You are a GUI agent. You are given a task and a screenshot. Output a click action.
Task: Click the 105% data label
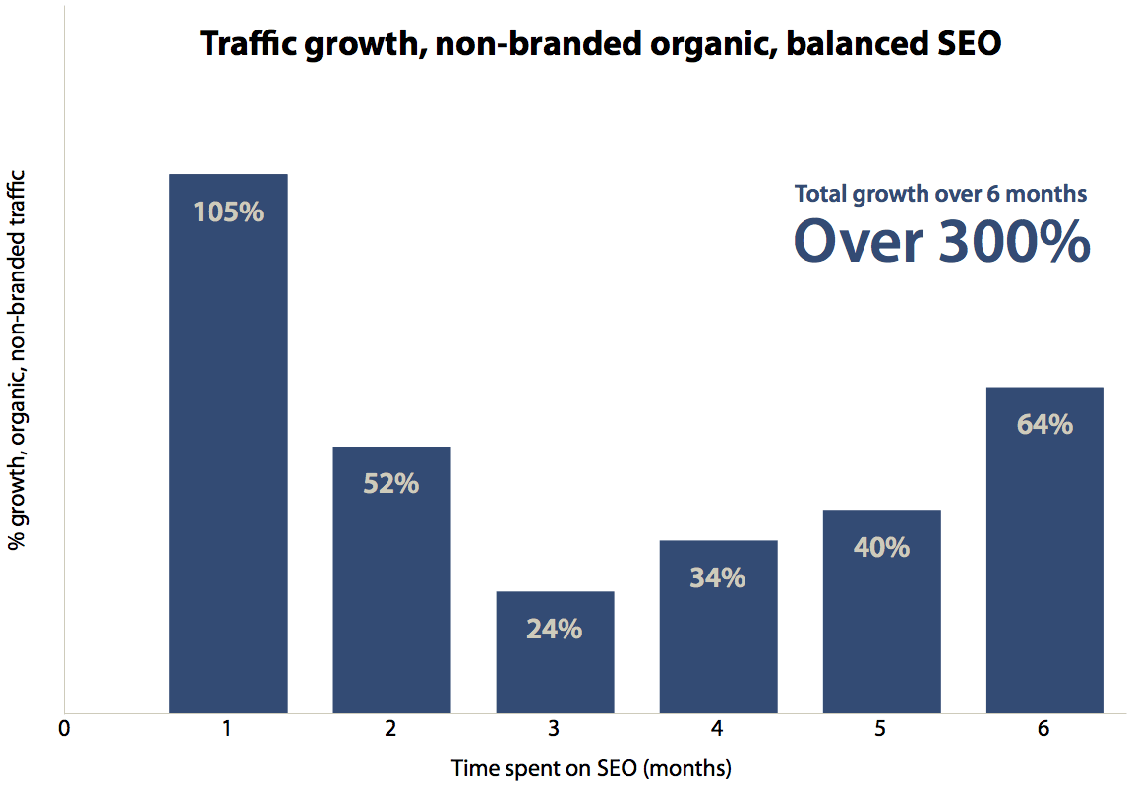[x=228, y=212]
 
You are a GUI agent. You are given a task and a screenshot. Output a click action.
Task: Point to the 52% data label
[x=391, y=484]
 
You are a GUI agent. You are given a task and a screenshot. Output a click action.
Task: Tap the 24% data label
[x=555, y=630]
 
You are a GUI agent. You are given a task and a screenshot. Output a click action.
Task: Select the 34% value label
[x=718, y=578]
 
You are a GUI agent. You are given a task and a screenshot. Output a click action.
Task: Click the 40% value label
[x=881, y=548]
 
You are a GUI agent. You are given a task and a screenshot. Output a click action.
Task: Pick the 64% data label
[x=1044, y=425]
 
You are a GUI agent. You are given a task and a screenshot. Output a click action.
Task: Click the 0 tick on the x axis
[x=64, y=729]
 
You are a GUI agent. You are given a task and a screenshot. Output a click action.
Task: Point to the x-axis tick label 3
[x=555, y=729]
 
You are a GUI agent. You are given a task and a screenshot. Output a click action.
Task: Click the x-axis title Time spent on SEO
[x=592, y=767]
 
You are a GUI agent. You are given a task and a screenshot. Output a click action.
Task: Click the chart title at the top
[x=600, y=43]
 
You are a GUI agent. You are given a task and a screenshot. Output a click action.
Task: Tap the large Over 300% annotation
[x=941, y=242]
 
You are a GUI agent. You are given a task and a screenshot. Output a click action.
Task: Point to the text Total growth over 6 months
[x=940, y=194]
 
